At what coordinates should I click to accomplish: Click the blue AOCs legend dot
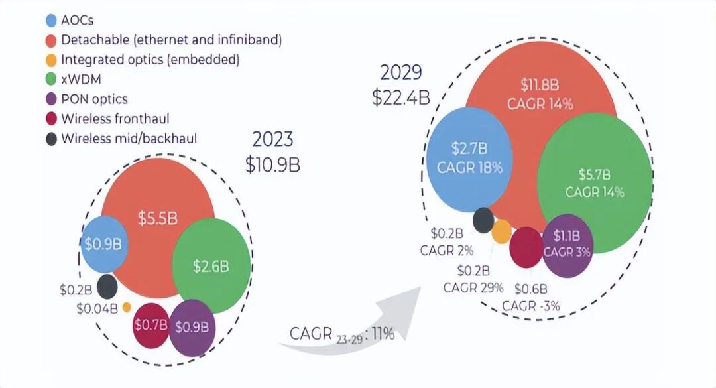click(x=50, y=20)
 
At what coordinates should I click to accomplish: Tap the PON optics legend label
click(x=94, y=99)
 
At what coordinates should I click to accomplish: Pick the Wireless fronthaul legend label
click(x=115, y=119)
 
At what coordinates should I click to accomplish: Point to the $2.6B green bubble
click(x=211, y=266)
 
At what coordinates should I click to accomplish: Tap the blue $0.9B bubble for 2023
click(x=103, y=243)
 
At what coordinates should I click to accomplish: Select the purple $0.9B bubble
click(x=192, y=326)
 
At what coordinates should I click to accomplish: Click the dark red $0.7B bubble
click(x=150, y=324)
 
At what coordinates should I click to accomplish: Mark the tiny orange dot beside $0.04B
click(x=127, y=307)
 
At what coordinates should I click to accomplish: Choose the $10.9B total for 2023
click(x=272, y=164)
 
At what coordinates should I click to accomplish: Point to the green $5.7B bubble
click(x=595, y=184)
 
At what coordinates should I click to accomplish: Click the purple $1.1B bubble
click(x=567, y=243)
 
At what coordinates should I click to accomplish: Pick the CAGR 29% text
click(x=474, y=287)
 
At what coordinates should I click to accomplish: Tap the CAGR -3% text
click(x=531, y=306)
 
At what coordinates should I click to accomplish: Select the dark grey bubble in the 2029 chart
click(x=483, y=220)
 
